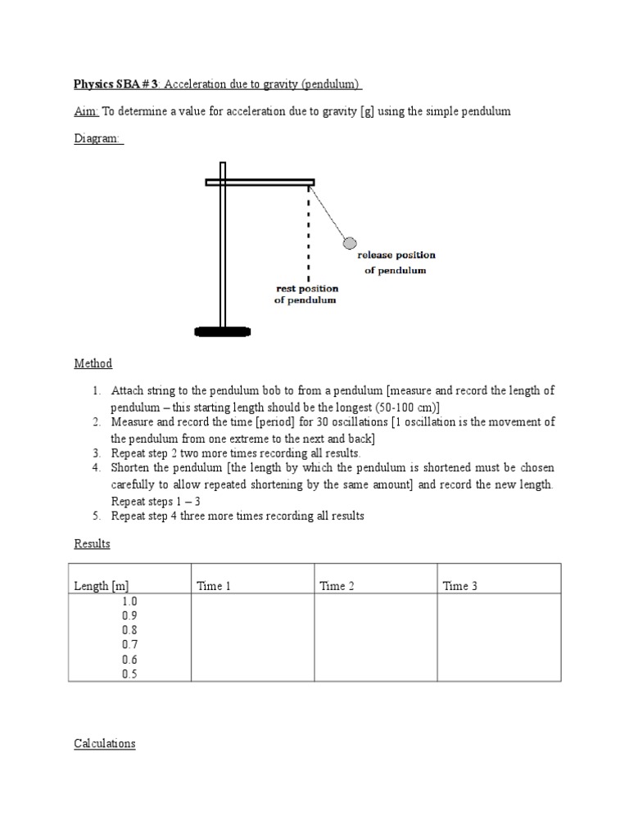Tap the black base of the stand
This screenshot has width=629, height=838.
tap(222, 331)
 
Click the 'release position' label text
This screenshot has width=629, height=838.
tap(396, 255)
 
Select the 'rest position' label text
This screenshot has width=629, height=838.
tap(305, 289)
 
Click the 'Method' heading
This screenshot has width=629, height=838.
tap(93, 363)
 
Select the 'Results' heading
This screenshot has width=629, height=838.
tap(92, 543)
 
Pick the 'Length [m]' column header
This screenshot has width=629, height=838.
tap(102, 586)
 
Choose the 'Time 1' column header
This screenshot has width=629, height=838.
tap(213, 586)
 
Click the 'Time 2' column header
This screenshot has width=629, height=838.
tap(337, 586)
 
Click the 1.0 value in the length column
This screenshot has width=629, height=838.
tap(129, 601)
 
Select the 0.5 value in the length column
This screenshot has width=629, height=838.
tap(129, 674)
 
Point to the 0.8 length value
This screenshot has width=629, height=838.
tap(129, 630)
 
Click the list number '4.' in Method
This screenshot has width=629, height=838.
tap(97, 467)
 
